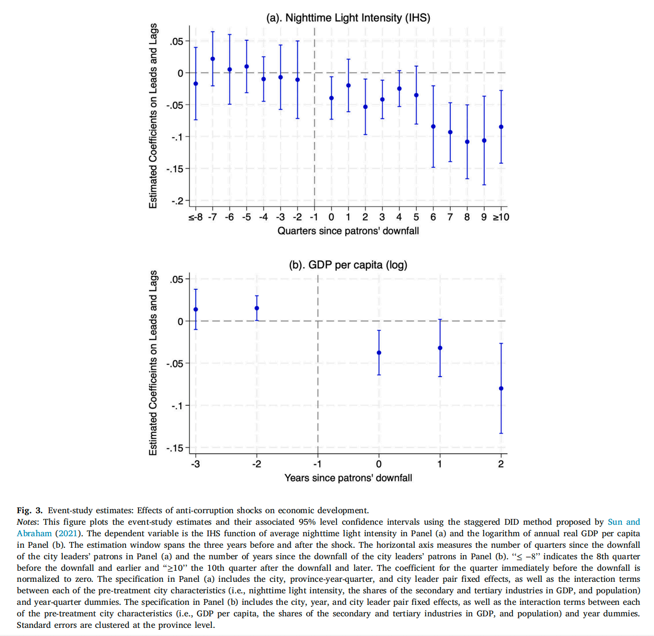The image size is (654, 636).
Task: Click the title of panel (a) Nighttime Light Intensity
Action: [348, 18]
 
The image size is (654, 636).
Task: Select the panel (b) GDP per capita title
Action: [348, 265]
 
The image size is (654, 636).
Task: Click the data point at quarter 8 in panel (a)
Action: [467, 142]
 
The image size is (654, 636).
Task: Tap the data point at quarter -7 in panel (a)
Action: [212, 59]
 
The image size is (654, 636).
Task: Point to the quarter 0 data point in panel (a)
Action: [331, 98]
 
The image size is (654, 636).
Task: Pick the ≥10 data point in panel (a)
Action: [501, 127]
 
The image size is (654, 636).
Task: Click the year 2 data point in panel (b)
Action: [501, 389]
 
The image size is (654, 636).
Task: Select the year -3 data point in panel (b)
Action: [196, 309]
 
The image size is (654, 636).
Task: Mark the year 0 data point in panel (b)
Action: [379, 353]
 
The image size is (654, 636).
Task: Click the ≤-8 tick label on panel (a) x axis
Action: [195, 217]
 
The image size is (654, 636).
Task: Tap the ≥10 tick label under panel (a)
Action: [501, 217]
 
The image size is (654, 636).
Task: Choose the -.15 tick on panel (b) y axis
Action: [175, 448]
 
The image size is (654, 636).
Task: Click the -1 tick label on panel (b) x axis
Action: [317, 464]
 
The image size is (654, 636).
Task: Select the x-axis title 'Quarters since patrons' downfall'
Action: [348, 231]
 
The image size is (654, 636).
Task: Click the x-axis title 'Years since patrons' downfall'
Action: [348, 478]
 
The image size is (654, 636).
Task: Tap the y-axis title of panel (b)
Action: [153, 363]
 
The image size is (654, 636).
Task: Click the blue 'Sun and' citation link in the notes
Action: [623, 522]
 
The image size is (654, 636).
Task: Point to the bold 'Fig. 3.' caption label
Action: [30, 510]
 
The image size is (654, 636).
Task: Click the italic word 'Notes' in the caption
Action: [27, 522]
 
